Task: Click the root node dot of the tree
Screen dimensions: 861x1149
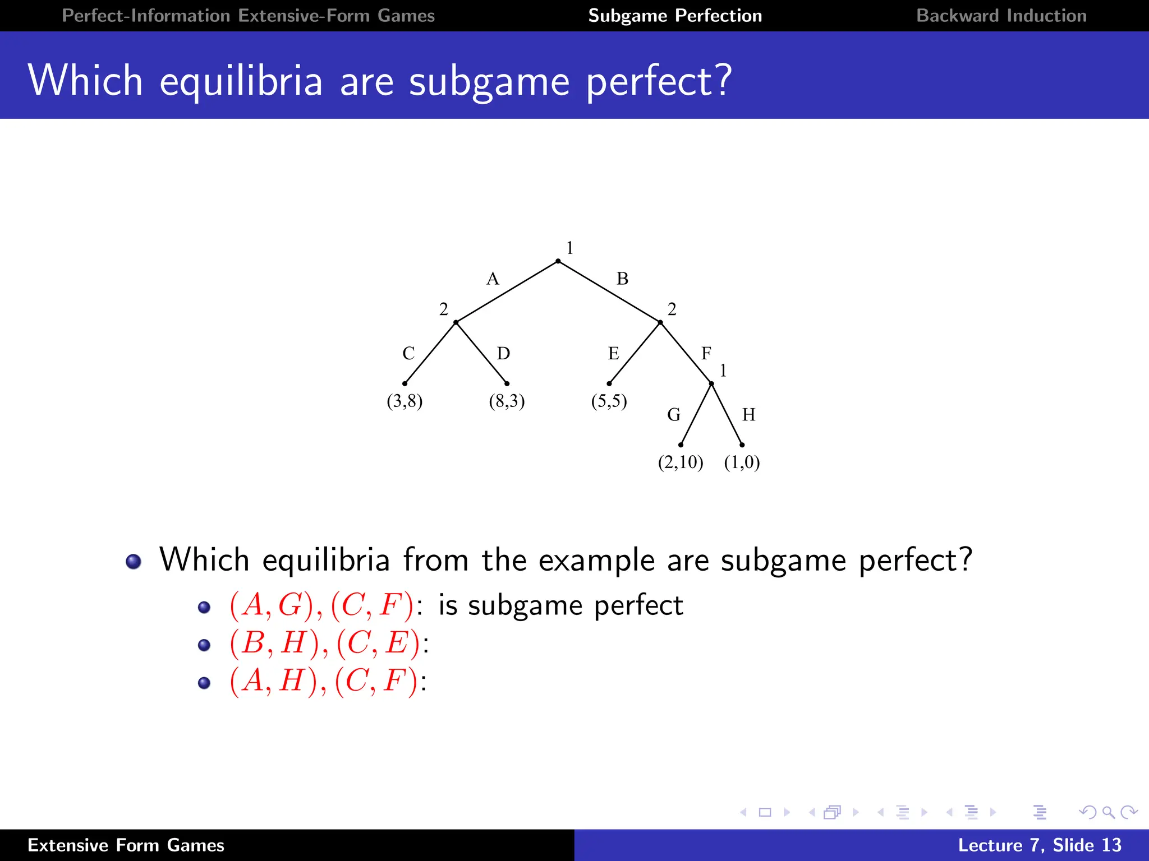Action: pyautogui.click(x=558, y=261)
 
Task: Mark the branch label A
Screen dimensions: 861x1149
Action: pyautogui.click(x=493, y=279)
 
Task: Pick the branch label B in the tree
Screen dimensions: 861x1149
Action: pyautogui.click(x=622, y=279)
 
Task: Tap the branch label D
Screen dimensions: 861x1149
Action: pyautogui.click(x=503, y=353)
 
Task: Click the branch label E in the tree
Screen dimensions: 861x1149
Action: pyautogui.click(x=613, y=353)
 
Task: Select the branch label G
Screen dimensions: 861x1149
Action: pyautogui.click(x=674, y=415)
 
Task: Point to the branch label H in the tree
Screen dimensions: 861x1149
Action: pyautogui.click(x=748, y=415)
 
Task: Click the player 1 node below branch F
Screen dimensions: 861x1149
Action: pyautogui.click(x=711, y=384)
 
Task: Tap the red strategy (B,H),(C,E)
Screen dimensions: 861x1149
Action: pyautogui.click(x=325, y=642)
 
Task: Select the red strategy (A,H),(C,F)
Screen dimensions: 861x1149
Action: pyautogui.click(x=324, y=681)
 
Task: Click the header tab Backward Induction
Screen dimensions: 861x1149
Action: pyautogui.click(x=1001, y=16)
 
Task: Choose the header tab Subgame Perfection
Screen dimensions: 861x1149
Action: pyautogui.click(x=675, y=16)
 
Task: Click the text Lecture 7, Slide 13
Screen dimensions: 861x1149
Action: pyautogui.click(x=1039, y=845)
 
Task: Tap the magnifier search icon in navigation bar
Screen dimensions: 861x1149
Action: pyautogui.click(x=1108, y=812)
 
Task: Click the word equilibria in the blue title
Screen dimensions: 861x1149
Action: pyautogui.click(x=241, y=81)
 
